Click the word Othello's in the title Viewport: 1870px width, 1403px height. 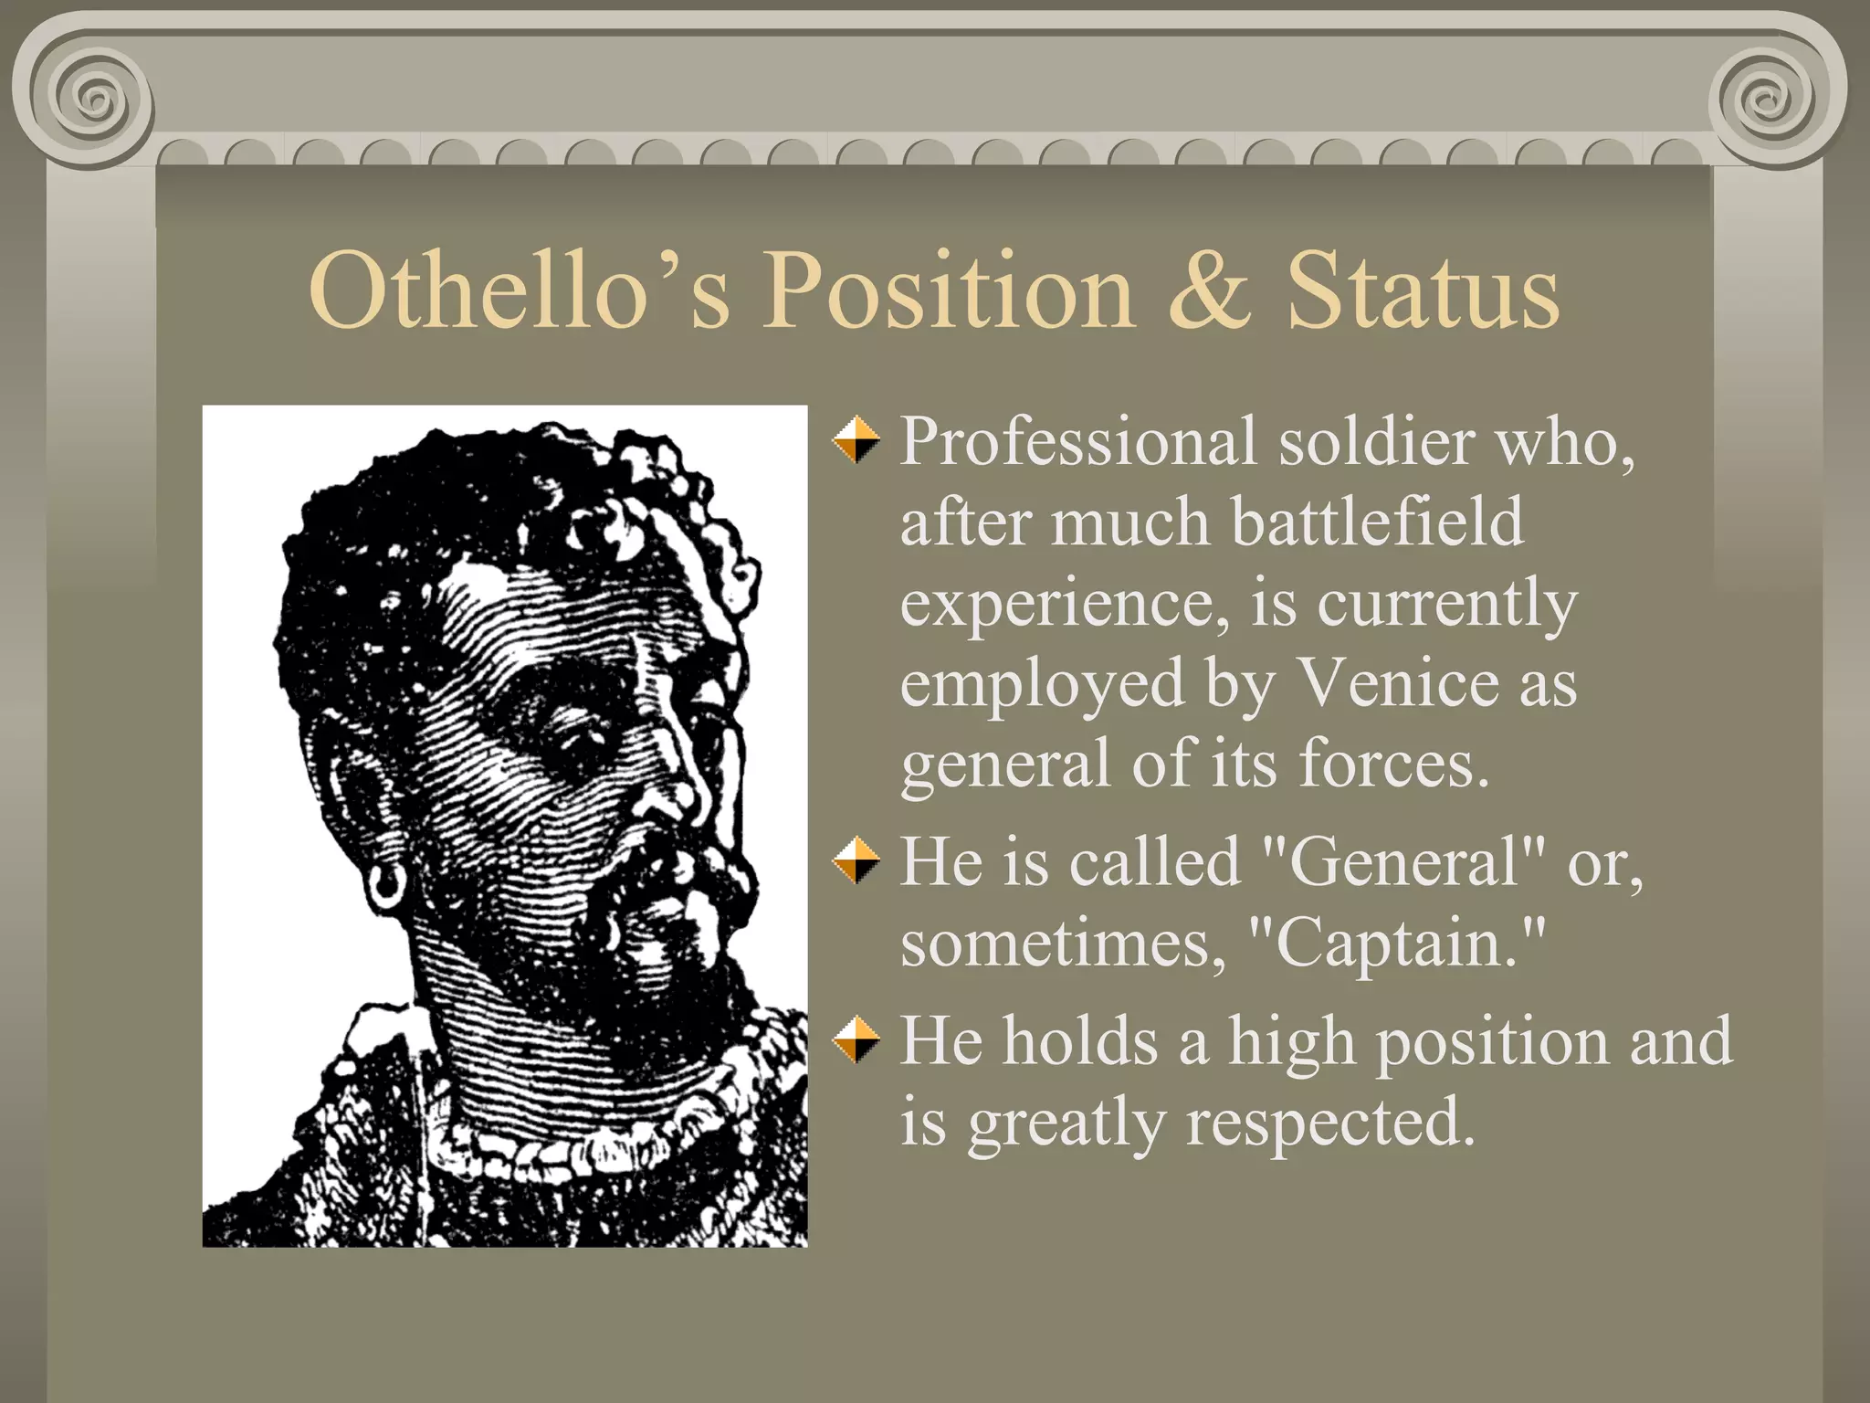[x=520, y=290]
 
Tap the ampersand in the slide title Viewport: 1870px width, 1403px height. [x=1209, y=290]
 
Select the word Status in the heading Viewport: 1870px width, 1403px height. [x=1423, y=290]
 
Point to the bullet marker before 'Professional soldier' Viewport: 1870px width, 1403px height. [x=856, y=439]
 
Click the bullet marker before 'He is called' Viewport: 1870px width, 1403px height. [x=856, y=860]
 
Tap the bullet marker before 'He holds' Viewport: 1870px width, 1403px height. [x=856, y=1040]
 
